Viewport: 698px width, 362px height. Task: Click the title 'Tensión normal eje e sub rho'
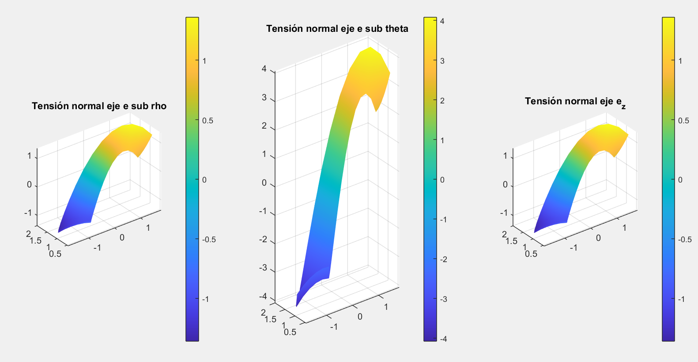[99, 106]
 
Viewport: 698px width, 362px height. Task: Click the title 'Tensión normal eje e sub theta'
[337, 29]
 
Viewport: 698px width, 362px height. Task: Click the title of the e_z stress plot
[575, 102]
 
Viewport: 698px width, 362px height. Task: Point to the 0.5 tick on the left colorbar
[208, 121]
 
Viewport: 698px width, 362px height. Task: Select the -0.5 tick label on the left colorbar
[209, 240]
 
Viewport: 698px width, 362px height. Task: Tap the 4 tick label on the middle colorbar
[442, 21]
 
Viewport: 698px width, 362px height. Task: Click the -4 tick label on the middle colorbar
[443, 339]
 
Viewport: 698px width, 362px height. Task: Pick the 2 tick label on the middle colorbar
[442, 101]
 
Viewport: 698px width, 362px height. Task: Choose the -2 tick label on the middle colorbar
[443, 259]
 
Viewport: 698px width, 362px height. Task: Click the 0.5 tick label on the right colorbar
[684, 121]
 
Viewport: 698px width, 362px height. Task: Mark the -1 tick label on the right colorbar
[681, 299]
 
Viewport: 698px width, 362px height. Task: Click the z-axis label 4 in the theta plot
[264, 69]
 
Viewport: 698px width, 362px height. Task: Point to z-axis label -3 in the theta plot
[263, 268]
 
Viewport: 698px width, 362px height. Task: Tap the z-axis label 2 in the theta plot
[264, 126]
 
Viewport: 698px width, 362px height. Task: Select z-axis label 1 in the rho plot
[29, 156]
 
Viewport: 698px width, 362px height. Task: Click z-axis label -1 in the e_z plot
[504, 213]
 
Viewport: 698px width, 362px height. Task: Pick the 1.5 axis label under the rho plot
[35, 240]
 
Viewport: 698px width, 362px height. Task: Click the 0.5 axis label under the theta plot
[290, 332]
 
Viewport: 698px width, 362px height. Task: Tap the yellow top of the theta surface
[370, 56]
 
